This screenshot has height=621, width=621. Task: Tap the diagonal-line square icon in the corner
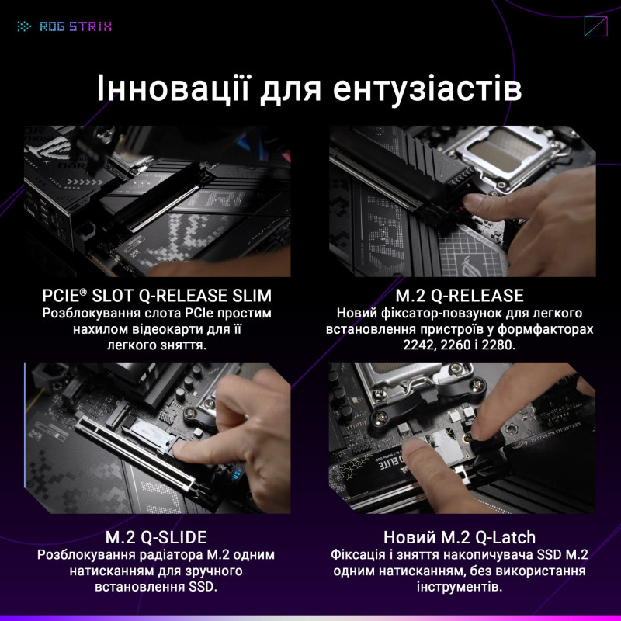coord(595,26)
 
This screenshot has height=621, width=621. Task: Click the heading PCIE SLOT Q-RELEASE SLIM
coord(157,296)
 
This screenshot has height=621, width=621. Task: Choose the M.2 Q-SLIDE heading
coord(156,538)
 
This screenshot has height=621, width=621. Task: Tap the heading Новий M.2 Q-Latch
coord(460,538)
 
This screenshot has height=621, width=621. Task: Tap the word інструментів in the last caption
coord(460,588)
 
